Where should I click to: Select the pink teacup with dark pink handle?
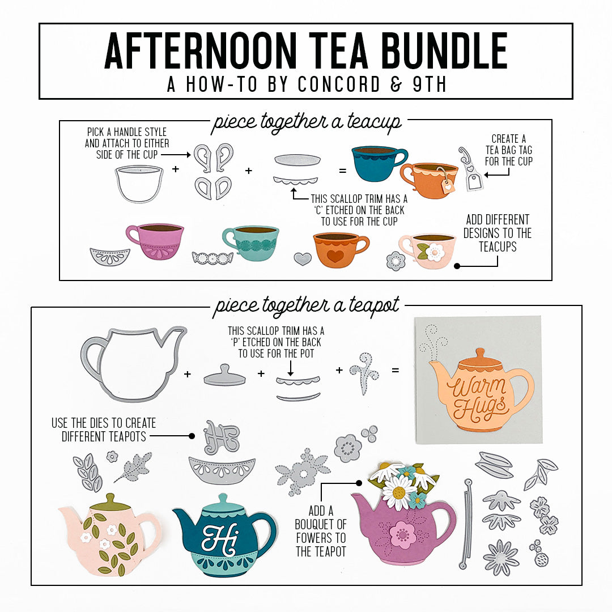click(x=156, y=241)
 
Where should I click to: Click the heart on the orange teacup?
click(x=335, y=256)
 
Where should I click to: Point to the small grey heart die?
click(x=303, y=259)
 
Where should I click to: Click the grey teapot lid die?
click(x=224, y=376)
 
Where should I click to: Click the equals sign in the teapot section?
click(x=395, y=371)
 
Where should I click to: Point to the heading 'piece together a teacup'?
click(x=306, y=122)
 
